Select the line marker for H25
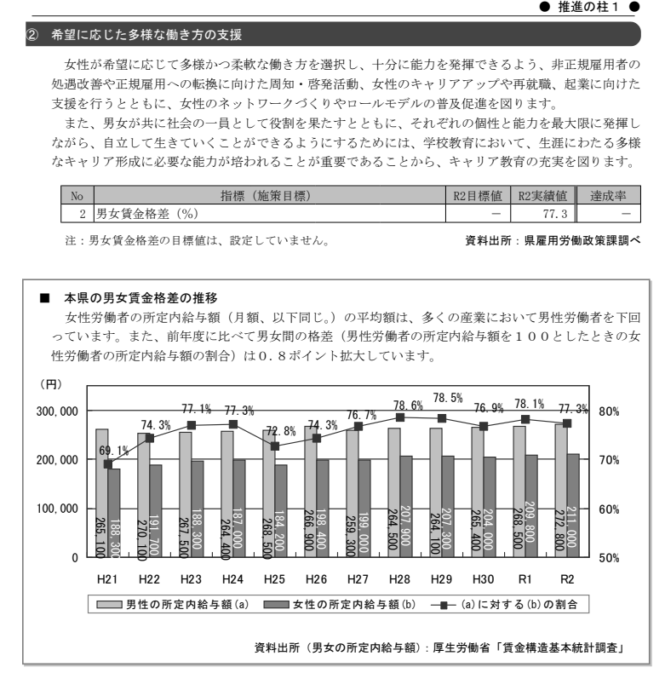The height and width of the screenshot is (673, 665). pos(274,446)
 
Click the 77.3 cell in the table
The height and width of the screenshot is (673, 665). pos(558,211)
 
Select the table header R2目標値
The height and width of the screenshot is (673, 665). pos(481,197)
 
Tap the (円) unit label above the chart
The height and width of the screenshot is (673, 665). pos(53,388)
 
